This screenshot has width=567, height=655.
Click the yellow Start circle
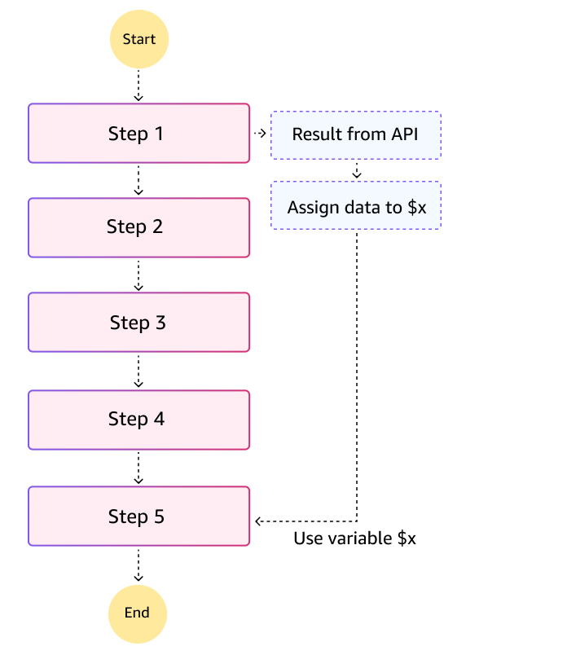coord(138,38)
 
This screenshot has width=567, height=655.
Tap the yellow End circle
coord(138,613)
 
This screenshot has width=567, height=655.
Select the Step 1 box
coord(138,134)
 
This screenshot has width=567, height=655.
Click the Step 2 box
coord(138,227)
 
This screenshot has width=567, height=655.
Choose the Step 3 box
coord(138,323)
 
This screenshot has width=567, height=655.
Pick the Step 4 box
coord(138,420)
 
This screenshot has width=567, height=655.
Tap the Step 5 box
coord(138,517)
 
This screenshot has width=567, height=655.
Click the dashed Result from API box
coord(355,134)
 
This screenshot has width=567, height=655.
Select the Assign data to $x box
coord(355,206)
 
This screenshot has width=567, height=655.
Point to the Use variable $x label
coord(355,539)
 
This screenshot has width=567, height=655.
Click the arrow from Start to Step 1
coord(138,85)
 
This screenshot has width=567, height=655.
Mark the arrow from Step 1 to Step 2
coord(138,180)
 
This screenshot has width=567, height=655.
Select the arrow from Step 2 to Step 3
coord(138,275)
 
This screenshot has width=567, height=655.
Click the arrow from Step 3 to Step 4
coord(138,371)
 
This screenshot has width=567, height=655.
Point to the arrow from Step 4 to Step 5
coord(138,468)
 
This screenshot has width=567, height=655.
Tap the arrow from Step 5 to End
coord(138,564)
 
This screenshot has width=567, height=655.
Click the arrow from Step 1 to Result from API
coord(260,134)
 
